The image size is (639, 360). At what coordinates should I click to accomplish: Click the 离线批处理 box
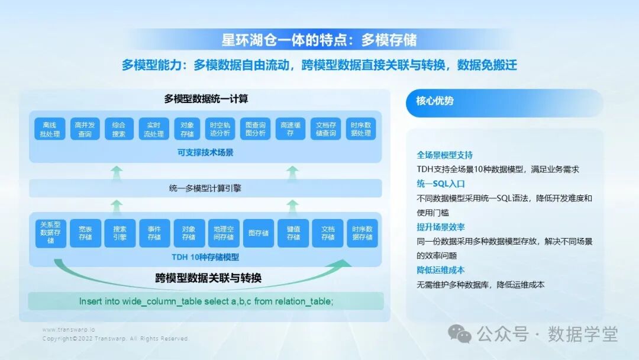coord(50,129)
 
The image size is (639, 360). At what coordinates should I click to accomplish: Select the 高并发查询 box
coord(85,129)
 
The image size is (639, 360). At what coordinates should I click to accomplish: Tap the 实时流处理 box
coord(154,129)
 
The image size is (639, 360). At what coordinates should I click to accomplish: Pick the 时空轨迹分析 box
coord(223,129)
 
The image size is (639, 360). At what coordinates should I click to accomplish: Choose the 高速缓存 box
coord(291,129)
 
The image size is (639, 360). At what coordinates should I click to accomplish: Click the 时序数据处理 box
coord(361,129)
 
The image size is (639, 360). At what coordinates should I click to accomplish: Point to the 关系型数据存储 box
coord(50,233)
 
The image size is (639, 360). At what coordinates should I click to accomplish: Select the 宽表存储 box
coord(85,233)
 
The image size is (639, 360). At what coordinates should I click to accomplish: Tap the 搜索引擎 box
coord(120,233)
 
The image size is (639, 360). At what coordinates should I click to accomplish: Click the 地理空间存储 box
coord(223,233)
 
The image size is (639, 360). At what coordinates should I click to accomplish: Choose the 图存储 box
coord(258,233)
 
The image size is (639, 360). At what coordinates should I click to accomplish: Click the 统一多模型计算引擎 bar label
coord(205,188)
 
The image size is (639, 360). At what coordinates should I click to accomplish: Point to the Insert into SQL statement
coord(206,301)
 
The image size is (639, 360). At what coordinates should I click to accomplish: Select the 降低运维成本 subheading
coord(441,270)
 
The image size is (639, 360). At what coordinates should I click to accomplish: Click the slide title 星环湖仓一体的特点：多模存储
coord(319,40)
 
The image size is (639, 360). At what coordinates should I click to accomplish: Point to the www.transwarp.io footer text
coord(69,329)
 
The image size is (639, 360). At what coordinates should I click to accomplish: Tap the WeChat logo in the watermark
coord(460,334)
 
